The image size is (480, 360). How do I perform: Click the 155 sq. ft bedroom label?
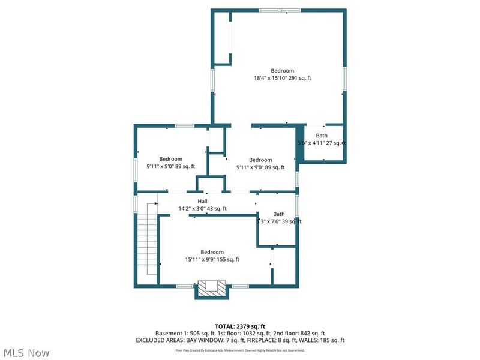pos(212,256)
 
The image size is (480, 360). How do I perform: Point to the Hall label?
pos(202,201)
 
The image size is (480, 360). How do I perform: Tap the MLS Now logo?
pos(28,352)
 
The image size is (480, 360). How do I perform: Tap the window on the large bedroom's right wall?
pos(345,81)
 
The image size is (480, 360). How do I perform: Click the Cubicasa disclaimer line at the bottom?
pos(239,349)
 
